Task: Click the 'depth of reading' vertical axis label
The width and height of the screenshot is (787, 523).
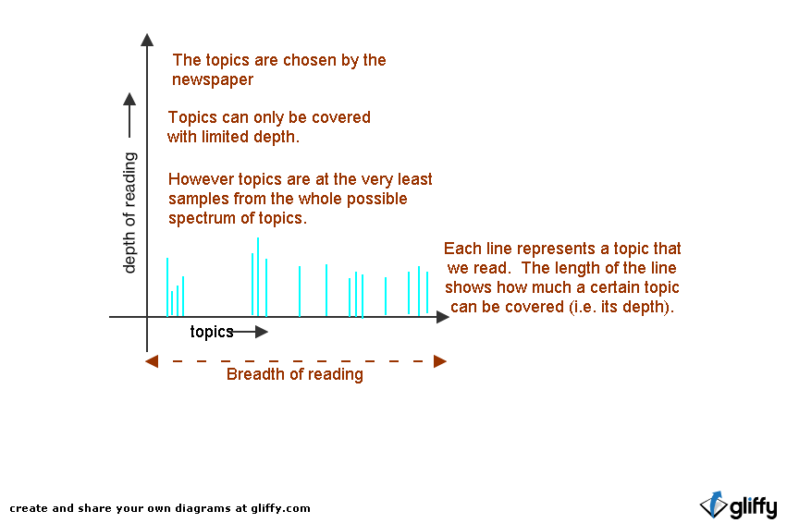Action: click(130, 213)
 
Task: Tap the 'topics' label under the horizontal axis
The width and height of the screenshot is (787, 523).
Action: click(211, 332)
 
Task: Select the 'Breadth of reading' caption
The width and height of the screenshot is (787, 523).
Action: click(294, 374)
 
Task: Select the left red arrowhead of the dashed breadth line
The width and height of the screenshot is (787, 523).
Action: click(152, 360)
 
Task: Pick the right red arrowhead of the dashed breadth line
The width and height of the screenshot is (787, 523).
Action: click(440, 360)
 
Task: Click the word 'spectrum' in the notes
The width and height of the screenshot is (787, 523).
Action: click(199, 219)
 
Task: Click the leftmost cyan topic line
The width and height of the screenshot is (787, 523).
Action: click(167, 287)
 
